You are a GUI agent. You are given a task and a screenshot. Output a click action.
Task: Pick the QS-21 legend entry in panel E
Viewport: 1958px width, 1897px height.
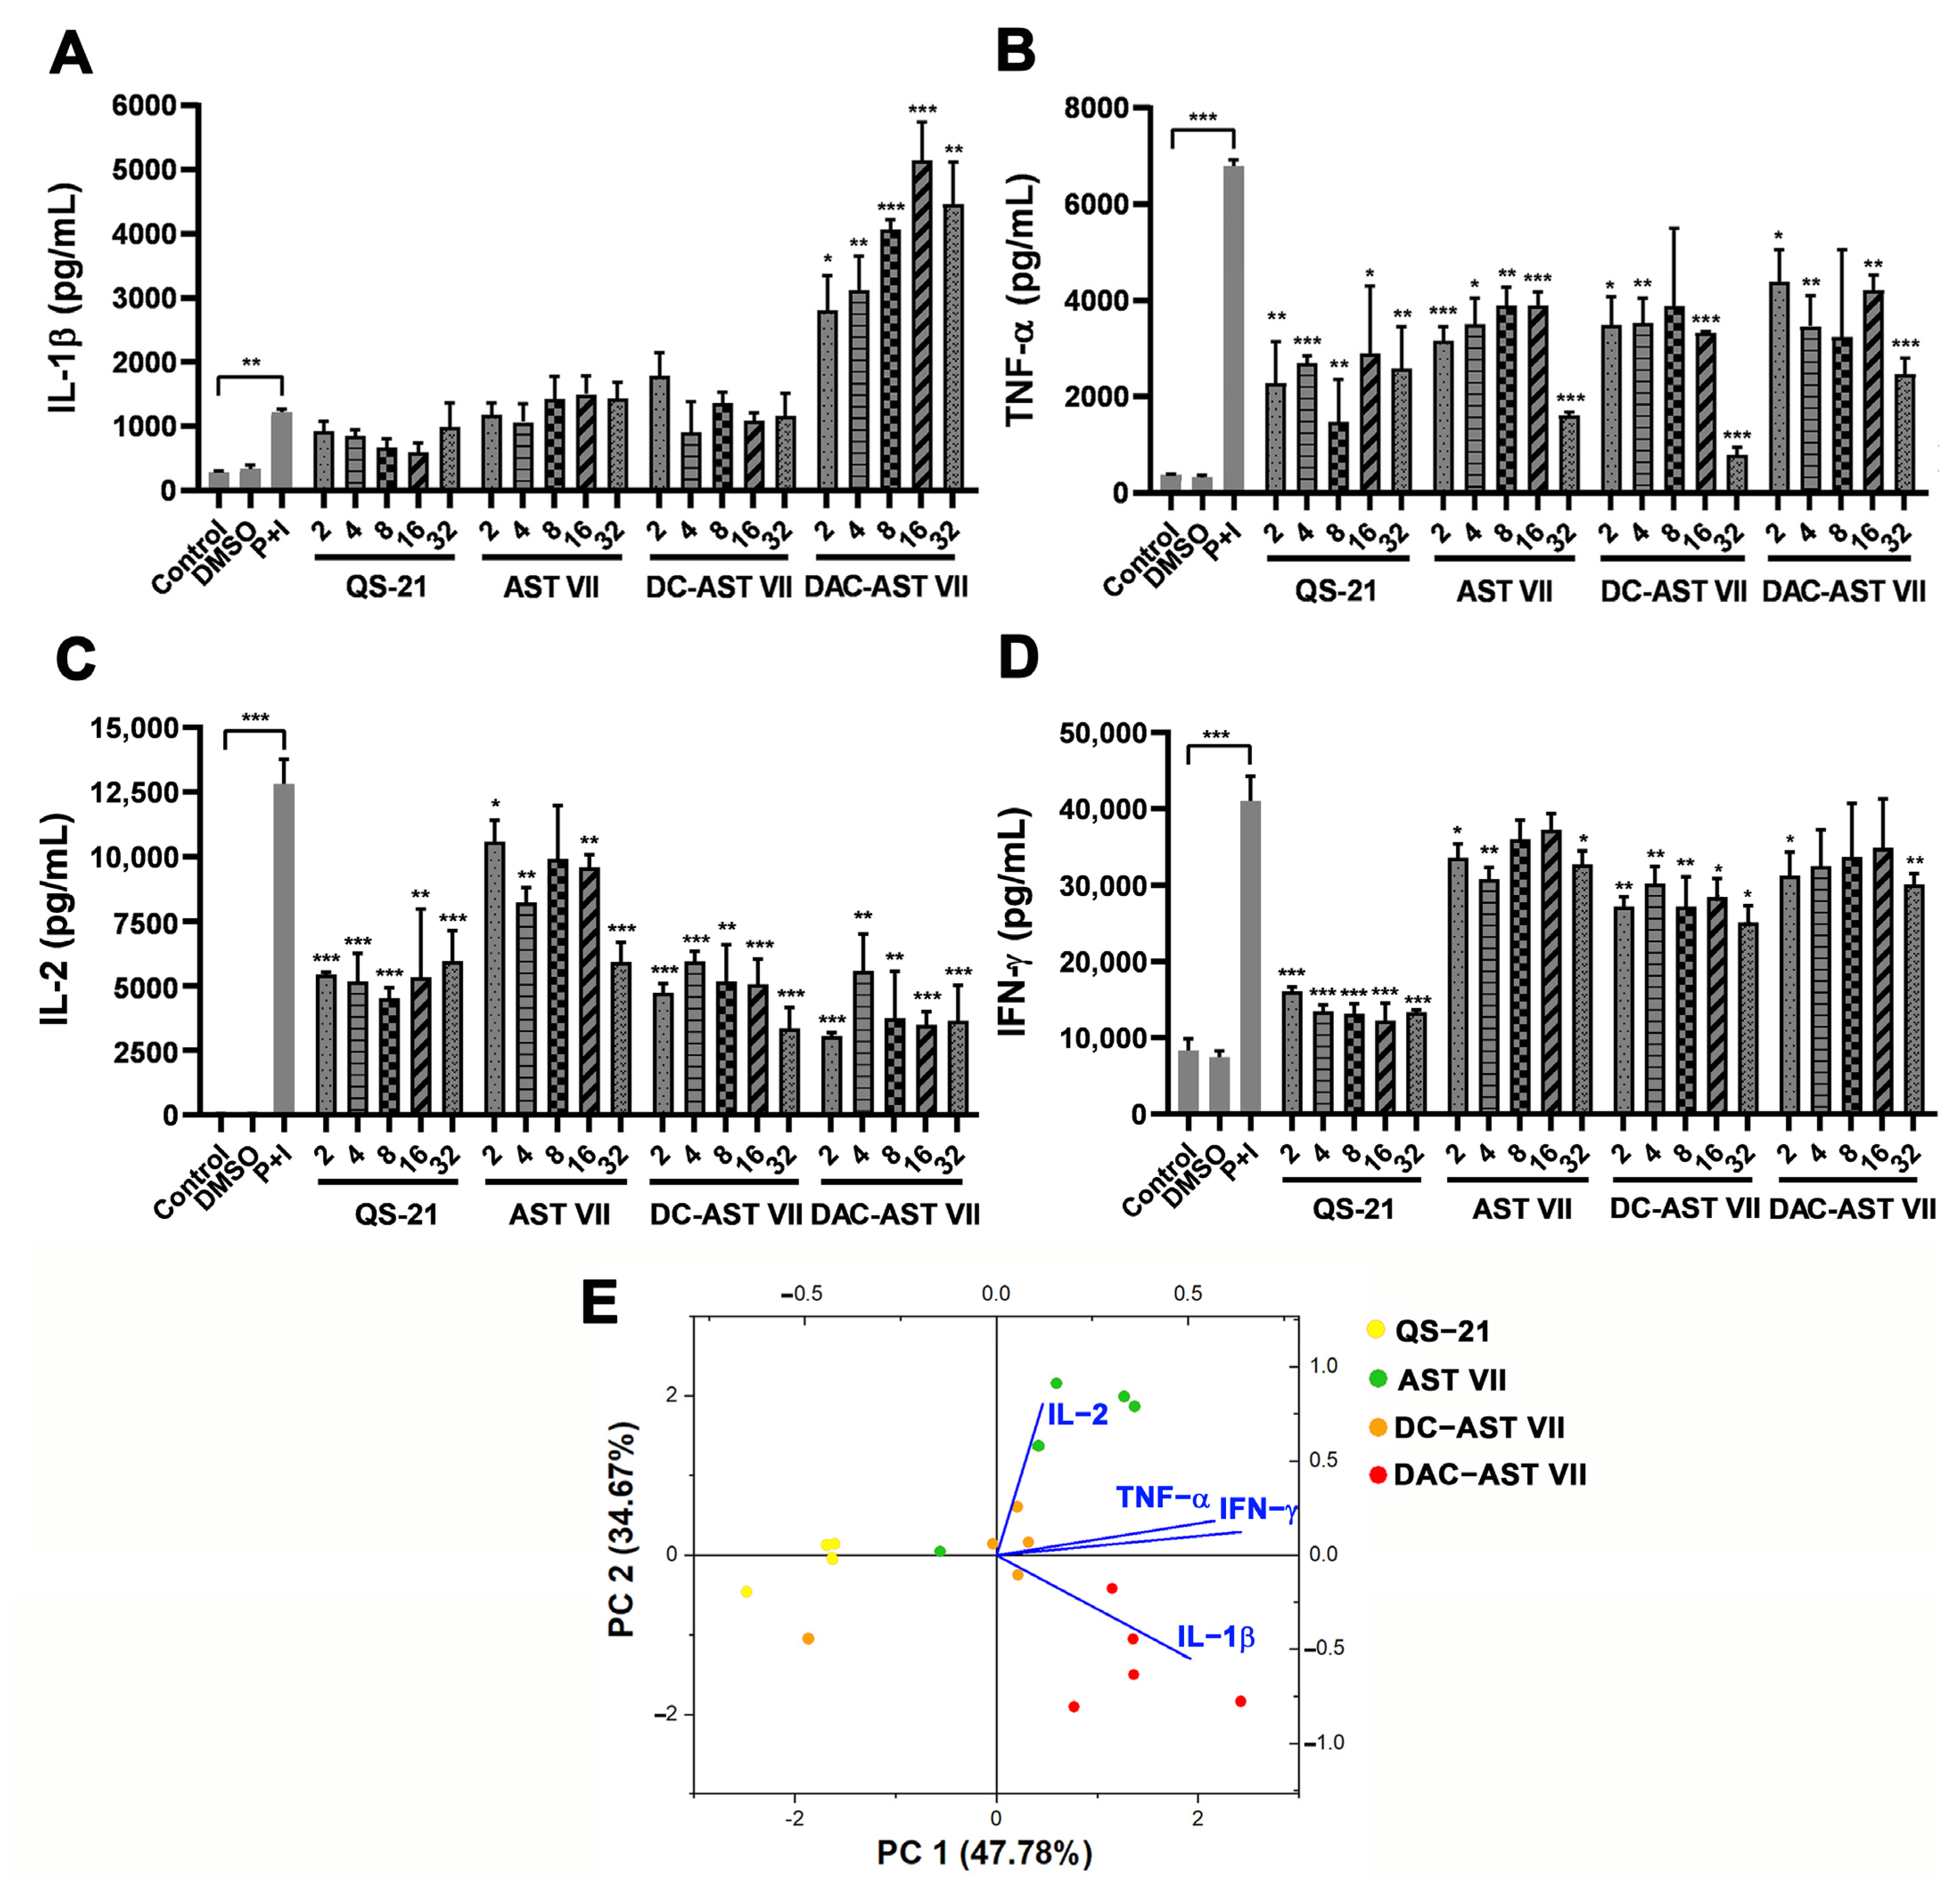[1440, 1332]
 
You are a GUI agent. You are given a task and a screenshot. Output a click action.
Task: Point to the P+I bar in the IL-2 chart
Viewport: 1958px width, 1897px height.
[285, 949]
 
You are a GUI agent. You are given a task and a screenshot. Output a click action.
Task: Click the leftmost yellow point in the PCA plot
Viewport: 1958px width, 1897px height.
[746, 1591]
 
